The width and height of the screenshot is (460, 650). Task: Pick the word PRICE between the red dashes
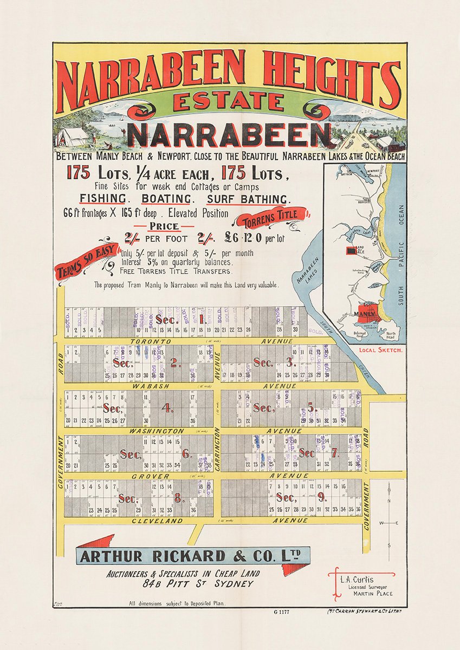click(164, 225)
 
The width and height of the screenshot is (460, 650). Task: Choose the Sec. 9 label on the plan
click(293, 497)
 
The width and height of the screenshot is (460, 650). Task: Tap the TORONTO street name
click(150, 342)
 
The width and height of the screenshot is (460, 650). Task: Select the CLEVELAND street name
click(158, 521)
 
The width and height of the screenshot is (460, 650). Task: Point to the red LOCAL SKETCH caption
click(381, 350)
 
